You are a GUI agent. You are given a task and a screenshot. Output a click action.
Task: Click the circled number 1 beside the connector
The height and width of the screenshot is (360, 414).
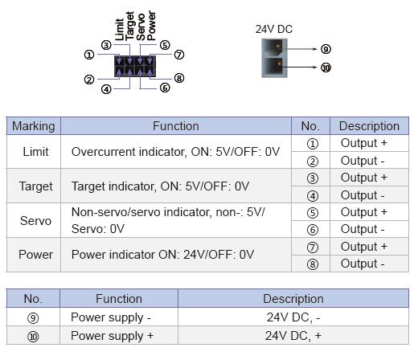click(89, 55)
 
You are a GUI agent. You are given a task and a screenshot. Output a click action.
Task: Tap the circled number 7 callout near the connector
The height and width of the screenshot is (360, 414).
click(179, 55)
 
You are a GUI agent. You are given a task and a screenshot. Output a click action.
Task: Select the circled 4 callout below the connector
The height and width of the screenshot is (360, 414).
click(106, 89)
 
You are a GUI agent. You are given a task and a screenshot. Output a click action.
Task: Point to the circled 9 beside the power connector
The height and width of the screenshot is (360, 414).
click(326, 49)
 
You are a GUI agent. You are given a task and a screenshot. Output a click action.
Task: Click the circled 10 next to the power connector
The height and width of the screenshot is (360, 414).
click(326, 67)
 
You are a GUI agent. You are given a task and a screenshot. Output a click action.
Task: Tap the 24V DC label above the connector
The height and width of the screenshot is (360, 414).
click(274, 29)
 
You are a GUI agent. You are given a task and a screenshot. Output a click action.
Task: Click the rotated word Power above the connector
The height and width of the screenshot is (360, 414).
click(151, 26)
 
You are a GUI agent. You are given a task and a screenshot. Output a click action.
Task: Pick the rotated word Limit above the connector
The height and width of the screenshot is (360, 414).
click(120, 30)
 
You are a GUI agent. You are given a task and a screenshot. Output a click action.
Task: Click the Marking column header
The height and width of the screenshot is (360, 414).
click(34, 126)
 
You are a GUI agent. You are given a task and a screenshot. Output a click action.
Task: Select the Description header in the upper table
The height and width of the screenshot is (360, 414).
click(369, 126)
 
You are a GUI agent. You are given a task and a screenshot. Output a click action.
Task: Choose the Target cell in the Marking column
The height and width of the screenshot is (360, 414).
click(35, 186)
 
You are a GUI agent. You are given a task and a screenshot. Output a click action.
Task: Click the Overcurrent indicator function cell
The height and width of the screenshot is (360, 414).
click(175, 152)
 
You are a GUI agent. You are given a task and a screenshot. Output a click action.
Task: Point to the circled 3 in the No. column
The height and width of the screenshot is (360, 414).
click(312, 178)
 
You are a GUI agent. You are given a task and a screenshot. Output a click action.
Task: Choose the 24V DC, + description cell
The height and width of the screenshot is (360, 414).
click(293, 336)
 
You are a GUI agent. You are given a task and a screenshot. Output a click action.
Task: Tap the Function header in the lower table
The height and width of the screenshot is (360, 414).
click(119, 299)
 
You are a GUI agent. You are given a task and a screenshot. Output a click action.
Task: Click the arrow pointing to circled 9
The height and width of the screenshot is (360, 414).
click(300, 49)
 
